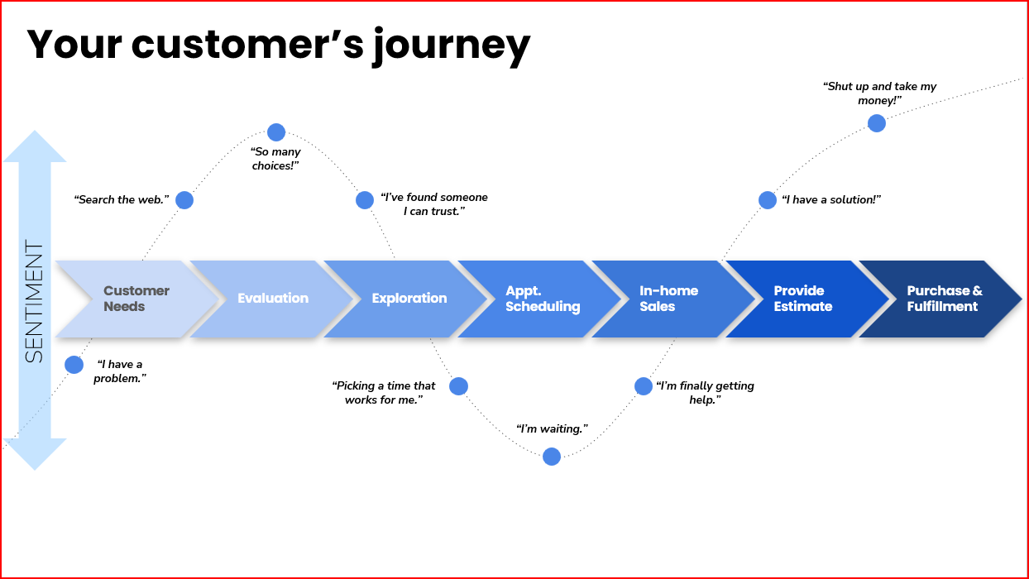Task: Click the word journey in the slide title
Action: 451,45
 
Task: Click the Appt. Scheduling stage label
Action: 543,299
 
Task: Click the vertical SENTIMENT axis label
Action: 34,301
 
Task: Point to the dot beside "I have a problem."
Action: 74,365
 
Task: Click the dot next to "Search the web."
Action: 184,200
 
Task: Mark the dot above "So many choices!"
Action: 276,132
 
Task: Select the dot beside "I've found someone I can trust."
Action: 365,200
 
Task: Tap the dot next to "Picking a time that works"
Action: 458,386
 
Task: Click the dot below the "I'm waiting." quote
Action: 552,457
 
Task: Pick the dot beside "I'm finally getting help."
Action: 644,386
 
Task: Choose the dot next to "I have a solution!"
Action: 768,200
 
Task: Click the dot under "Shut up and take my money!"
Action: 877,123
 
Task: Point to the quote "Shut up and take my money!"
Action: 879,93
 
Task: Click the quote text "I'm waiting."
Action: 552,429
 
